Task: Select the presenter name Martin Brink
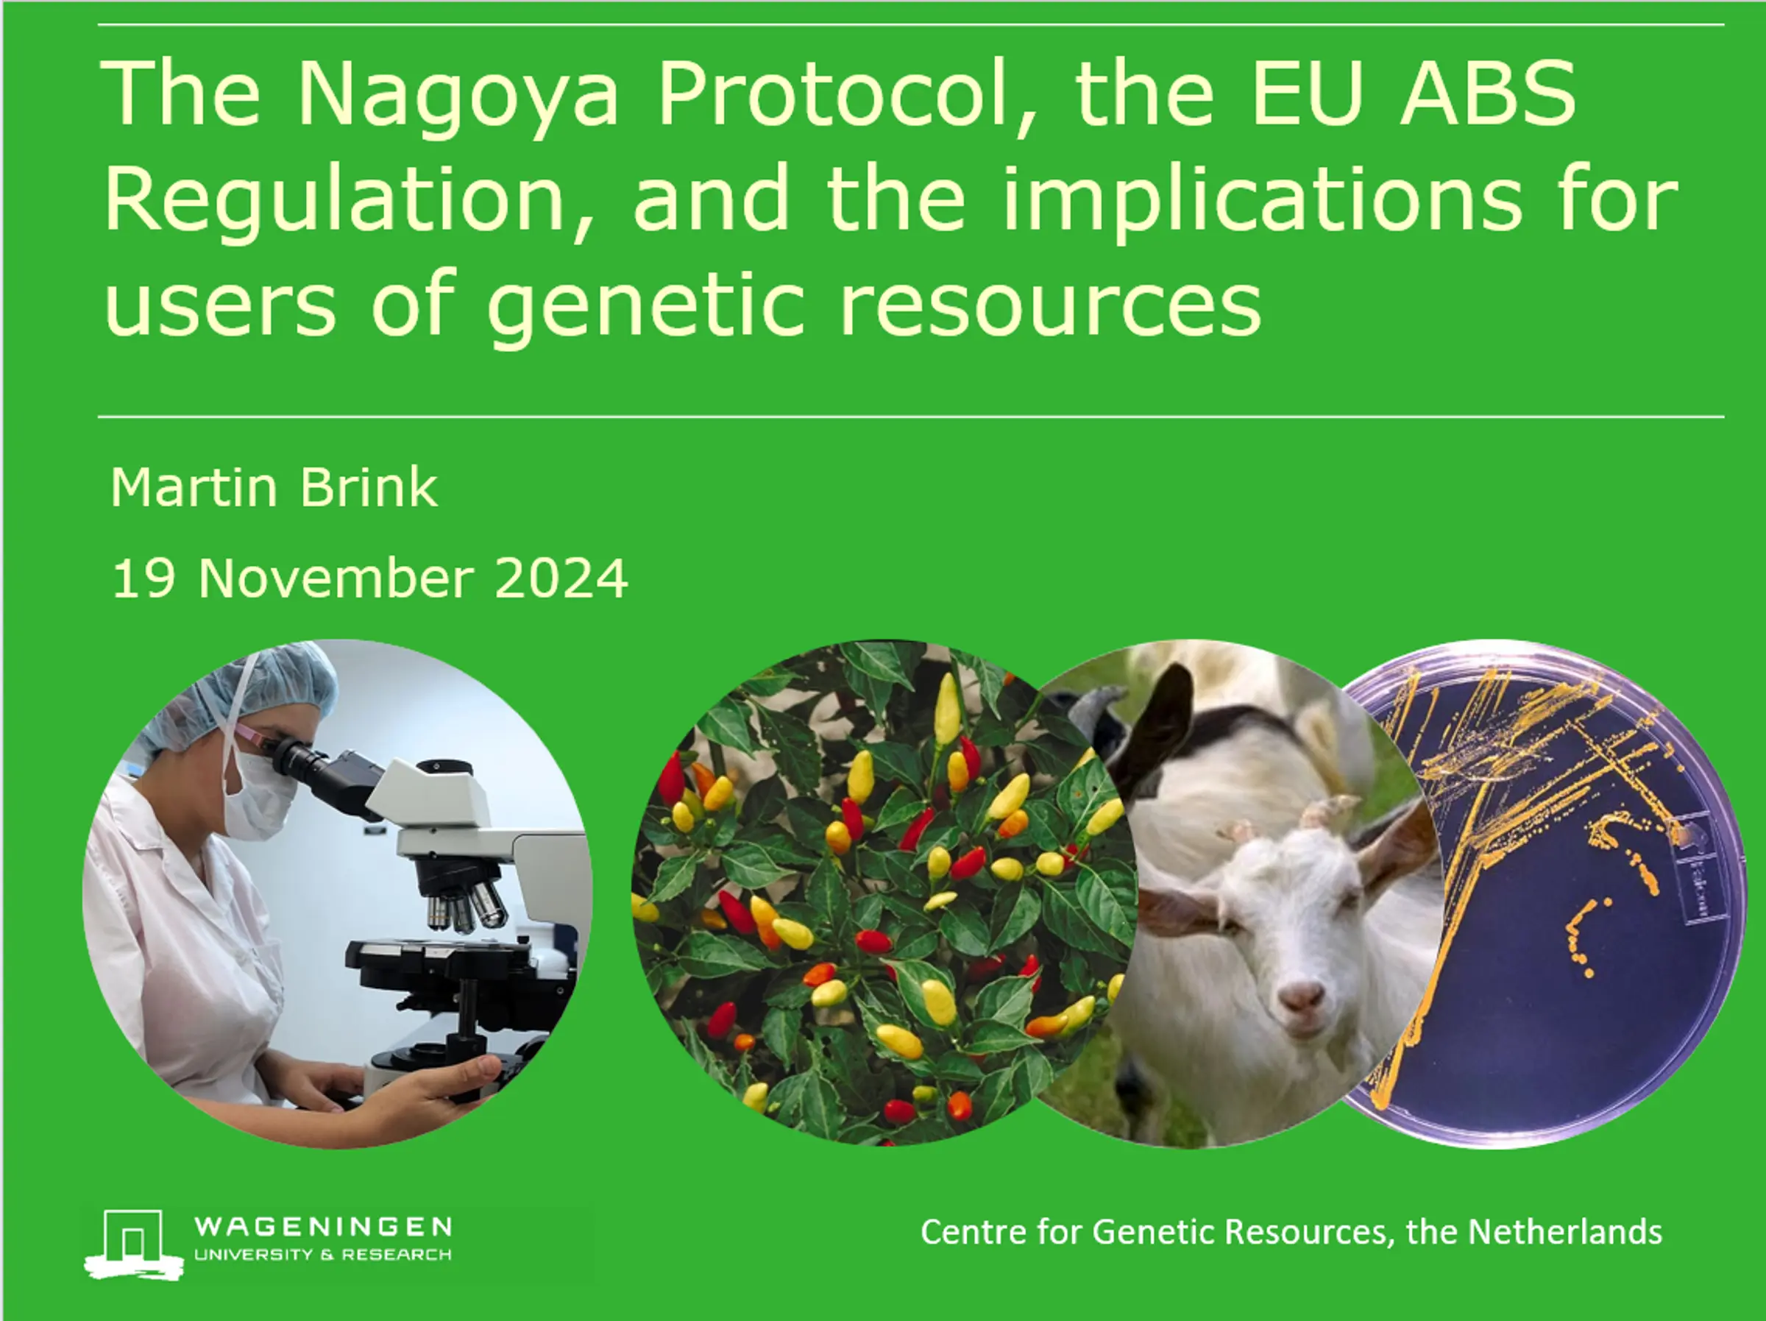click(274, 486)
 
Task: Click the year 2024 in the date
click(561, 578)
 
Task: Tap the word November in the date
click(336, 578)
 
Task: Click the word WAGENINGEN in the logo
click(323, 1226)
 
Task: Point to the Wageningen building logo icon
click(134, 1244)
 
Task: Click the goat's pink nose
click(1300, 996)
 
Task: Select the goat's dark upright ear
click(1155, 731)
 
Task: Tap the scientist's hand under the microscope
click(431, 1086)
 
